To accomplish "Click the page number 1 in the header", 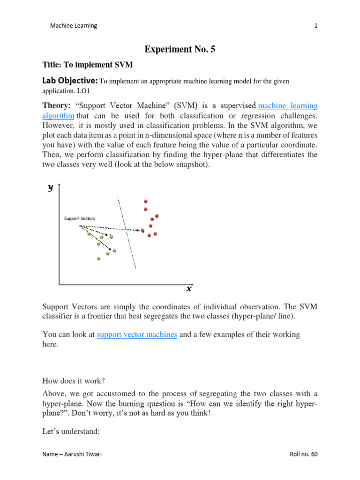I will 316,26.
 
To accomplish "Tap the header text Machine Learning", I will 74,26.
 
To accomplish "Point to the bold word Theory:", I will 57,106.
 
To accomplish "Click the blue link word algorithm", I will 59,115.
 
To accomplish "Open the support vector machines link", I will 137,334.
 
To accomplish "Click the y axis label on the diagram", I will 51,187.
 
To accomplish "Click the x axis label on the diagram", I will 189,289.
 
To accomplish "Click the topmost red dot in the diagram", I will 146,201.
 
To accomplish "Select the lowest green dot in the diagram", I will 98,258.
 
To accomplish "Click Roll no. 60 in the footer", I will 304,455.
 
